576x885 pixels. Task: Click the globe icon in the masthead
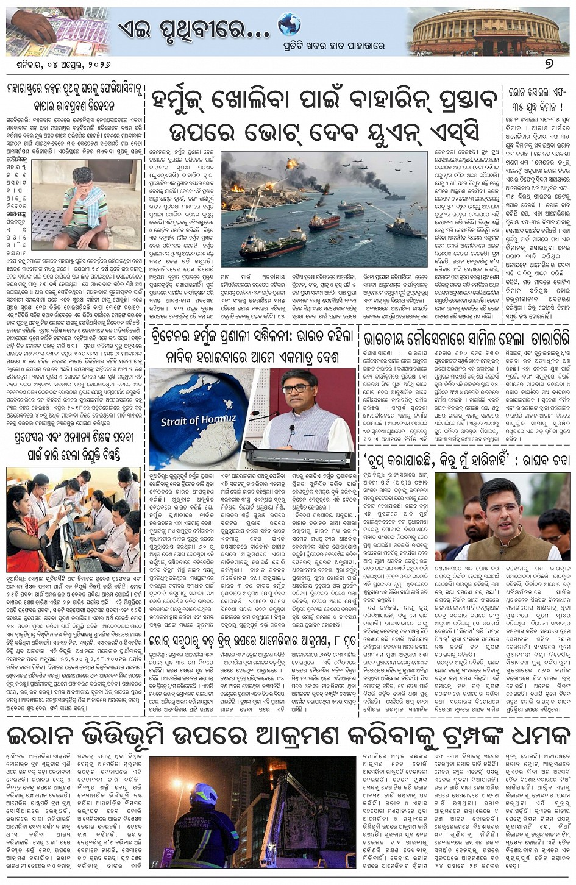pyautogui.click(x=289, y=25)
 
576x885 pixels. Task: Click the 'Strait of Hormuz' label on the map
pyautogui.click(x=190, y=420)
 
